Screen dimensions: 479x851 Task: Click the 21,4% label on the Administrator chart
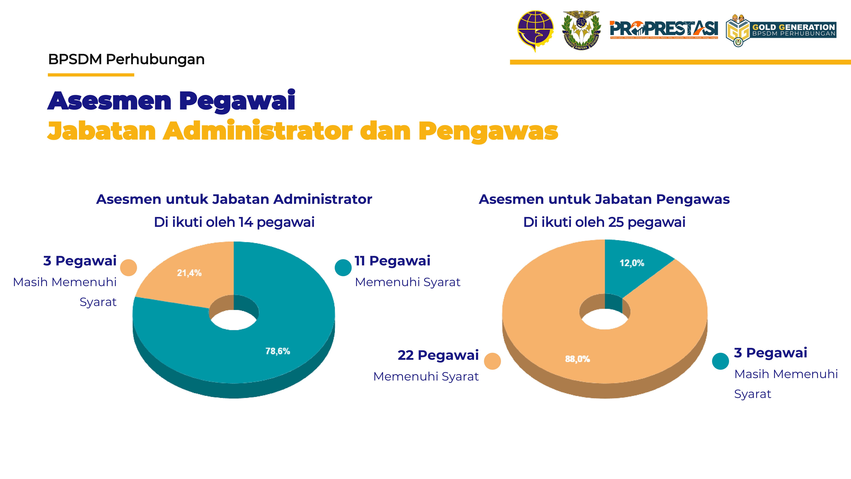pos(189,273)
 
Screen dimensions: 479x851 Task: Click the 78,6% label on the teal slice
pos(278,351)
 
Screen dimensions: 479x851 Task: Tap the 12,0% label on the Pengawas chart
pos(632,263)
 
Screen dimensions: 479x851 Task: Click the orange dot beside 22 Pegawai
pos(492,361)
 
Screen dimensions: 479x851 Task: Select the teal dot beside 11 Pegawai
pos(343,267)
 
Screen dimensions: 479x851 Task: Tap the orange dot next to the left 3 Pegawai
pos(129,267)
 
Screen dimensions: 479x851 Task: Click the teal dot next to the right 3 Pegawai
pos(721,361)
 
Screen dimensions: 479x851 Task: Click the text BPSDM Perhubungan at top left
pos(126,59)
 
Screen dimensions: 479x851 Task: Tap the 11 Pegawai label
pos(392,261)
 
